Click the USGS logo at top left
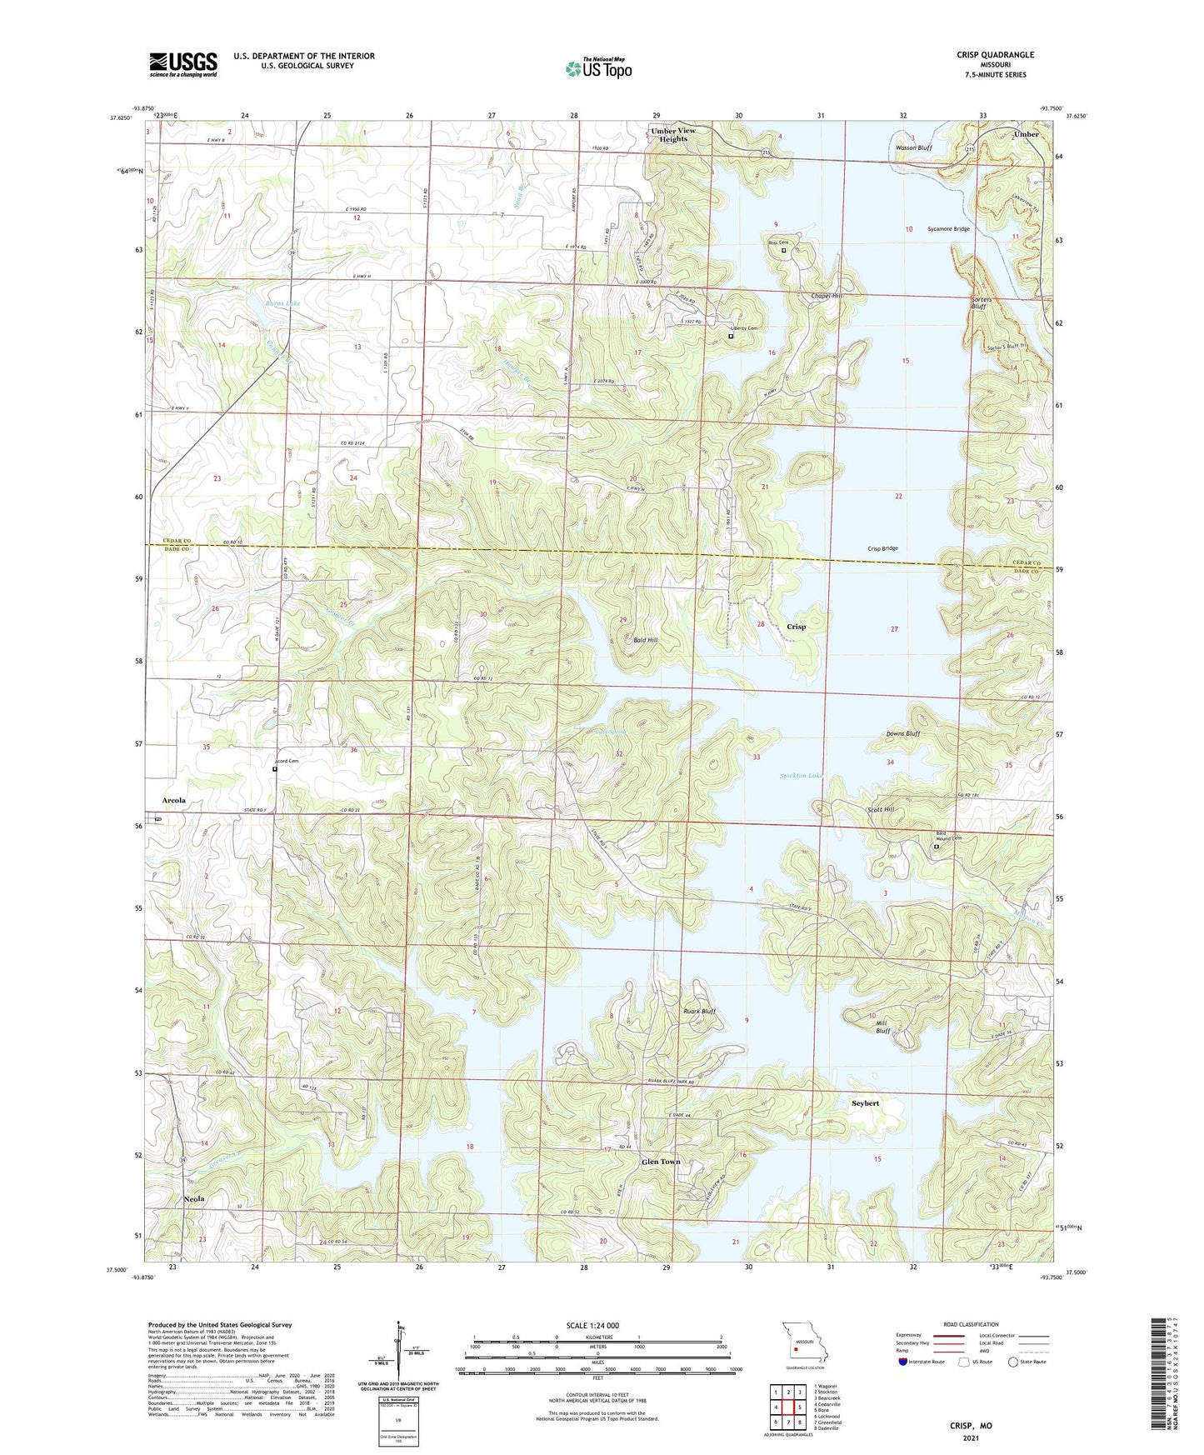coord(183,64)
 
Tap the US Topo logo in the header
coord(598,68)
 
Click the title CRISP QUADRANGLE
coord(995,55)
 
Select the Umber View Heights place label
coord(673,135)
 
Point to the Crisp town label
coord(796,627)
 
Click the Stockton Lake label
coord(801,776)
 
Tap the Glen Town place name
coord(661,1162)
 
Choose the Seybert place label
coord(865,1103)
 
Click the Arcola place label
coord(173,800)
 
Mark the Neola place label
coord(194,1199)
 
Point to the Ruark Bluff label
coord(699,1012)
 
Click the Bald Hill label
coord(645,640)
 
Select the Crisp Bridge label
coord(882,548)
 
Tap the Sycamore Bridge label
coord(948,228)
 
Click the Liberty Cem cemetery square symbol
coord(731,337)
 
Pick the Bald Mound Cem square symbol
coord(936,847)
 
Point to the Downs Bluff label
coord(903,734)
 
